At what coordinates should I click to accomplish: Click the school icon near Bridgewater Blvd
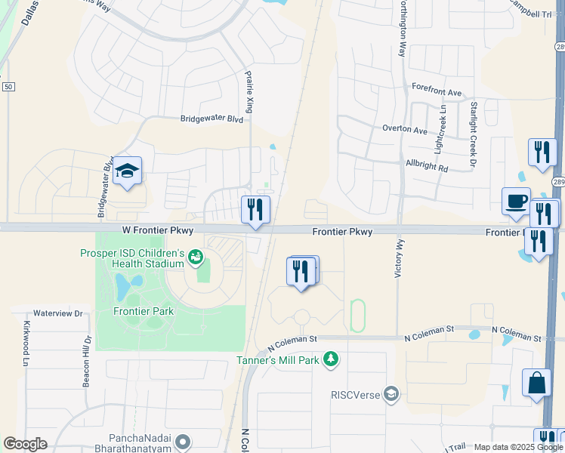tap(128, 172)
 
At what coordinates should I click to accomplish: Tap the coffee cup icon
tap(517, 202)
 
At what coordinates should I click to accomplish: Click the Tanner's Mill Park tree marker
tap(330, 358)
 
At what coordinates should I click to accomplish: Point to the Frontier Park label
tap(144, 311)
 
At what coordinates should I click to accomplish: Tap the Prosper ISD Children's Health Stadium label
tap(132, 258)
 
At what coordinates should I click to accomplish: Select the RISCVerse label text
tap(356, 393)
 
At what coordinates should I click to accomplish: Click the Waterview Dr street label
tap(57, 312)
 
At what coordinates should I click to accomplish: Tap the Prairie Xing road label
tap(249, 93)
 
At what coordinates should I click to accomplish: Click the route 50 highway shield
tap(8, 88)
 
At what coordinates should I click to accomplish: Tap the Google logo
tap(25, 444)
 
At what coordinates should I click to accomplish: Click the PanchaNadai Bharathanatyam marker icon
tap(182, 440)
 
